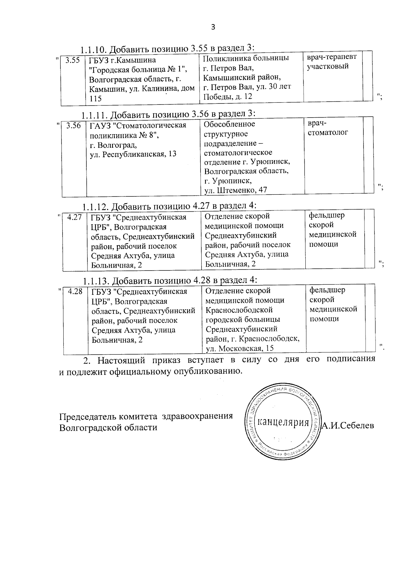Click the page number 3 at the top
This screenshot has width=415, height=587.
(213, 27)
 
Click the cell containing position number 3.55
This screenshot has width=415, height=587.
(73, 61)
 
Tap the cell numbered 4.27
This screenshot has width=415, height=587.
(74, 217)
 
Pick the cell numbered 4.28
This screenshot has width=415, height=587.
(75, 292)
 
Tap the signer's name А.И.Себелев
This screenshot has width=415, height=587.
(348, 425)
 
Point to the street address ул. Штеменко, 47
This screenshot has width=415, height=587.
(236, 190)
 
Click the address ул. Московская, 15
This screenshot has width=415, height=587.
(240, 348)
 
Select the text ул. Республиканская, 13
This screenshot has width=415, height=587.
(133, 154)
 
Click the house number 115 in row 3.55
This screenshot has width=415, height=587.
(95, 99)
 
